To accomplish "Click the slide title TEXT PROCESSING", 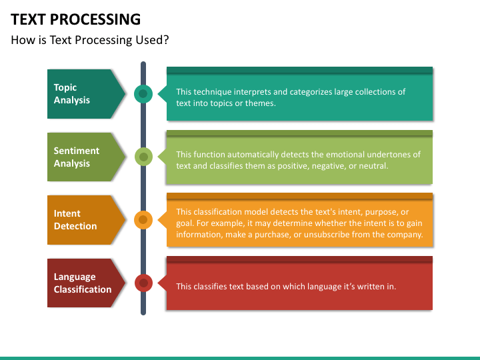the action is tap(75, 19).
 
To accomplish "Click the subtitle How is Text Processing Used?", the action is tap(90, 40).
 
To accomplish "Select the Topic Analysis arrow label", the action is tap(86, 94).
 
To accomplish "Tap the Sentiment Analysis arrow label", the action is tap(86, 157).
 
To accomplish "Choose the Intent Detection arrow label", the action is tap(86, 220).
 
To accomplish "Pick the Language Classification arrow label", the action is tap(86, 283).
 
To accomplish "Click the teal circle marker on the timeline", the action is tap(143, 94).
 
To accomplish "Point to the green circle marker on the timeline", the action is tap(143, 157).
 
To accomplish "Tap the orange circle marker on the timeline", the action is tap(143, 220).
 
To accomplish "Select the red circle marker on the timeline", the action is tap(143, 283).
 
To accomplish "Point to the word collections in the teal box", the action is tap(375, 92).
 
